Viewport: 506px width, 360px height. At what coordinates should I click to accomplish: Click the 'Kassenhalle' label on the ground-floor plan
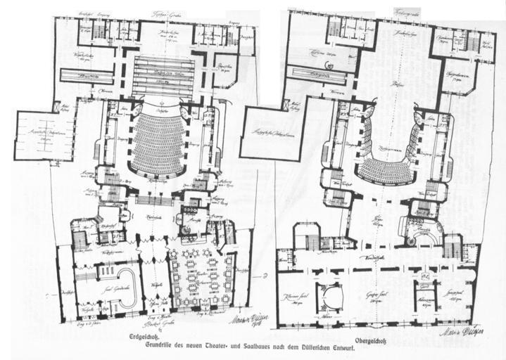(x=155, y=219)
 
